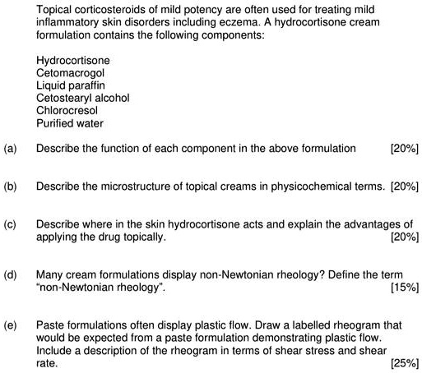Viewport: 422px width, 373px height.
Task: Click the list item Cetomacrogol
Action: point(70,73)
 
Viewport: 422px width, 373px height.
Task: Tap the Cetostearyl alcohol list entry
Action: point(83,98)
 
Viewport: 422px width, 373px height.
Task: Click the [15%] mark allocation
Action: point(404,287)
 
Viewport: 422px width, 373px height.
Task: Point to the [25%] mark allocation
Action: point(404,361)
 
